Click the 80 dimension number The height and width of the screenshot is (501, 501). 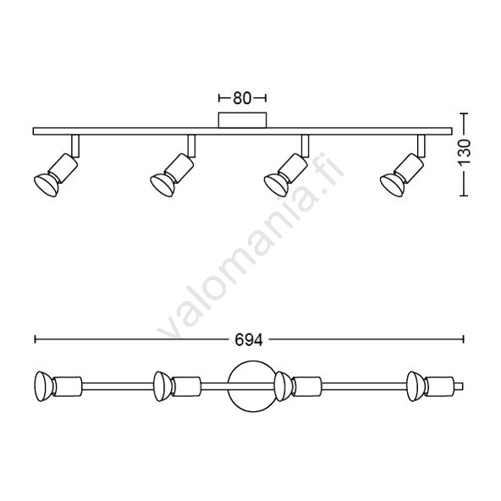242,98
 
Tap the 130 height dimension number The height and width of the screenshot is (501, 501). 465,151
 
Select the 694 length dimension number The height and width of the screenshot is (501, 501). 249,340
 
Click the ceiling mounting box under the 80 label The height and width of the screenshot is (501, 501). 243,120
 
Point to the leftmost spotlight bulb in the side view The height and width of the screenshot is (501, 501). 47,184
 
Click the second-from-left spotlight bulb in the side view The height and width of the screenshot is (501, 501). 162,184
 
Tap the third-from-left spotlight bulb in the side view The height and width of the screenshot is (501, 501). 276,184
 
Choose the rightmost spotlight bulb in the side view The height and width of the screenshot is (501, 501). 393,184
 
